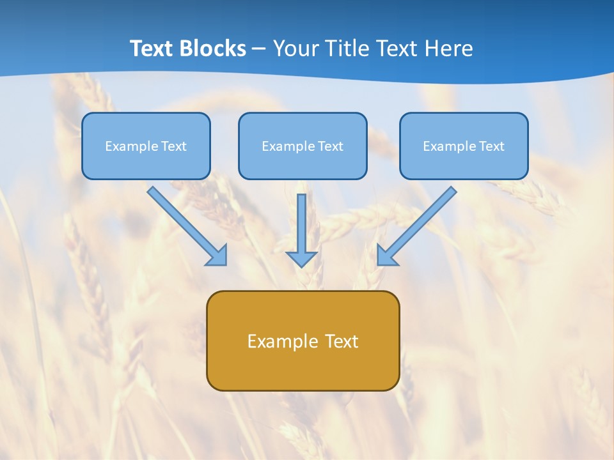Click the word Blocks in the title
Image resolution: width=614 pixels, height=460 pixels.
[212, 49]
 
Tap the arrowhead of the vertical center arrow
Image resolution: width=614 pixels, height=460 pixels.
[301, 259]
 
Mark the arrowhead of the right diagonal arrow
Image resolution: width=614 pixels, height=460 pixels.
[386, 256]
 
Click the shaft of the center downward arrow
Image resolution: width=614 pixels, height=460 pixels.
[301, 220]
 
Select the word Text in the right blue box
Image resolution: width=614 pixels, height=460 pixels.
[492, 146]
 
